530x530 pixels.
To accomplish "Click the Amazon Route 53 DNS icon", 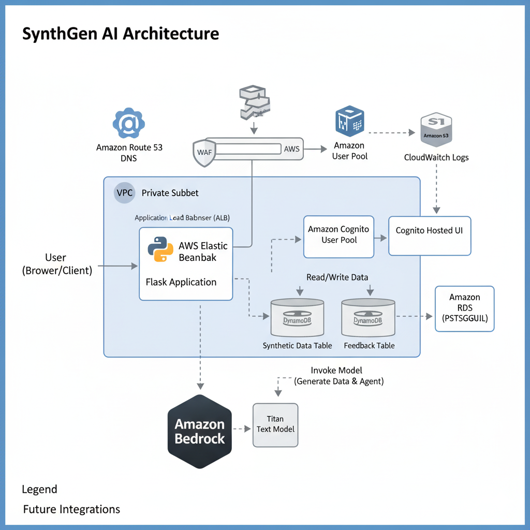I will point(128,123).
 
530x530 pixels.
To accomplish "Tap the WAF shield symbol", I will point(204,152).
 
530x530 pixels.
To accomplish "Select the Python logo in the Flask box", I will point(160,249).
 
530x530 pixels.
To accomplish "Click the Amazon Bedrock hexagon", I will point(199,431).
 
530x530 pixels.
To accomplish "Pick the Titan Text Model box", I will point(275,424).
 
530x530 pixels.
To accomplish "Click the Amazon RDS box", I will point(464,308).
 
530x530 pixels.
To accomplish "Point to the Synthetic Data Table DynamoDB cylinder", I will point(297,317).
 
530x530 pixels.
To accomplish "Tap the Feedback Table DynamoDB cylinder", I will point(368,317).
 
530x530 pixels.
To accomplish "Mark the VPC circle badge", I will point(124,193).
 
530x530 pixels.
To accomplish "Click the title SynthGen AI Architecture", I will point(121,34).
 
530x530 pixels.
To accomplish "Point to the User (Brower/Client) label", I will point(56,264).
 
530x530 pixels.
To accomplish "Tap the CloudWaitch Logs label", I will point(436,157).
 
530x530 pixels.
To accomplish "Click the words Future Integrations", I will point(71,509).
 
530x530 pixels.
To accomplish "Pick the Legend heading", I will point(39,489).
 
